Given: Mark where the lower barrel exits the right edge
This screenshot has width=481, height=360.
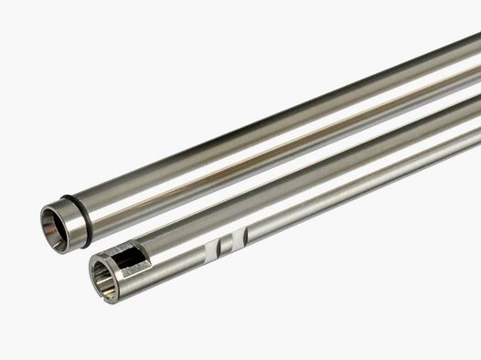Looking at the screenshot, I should coord(476,137).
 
